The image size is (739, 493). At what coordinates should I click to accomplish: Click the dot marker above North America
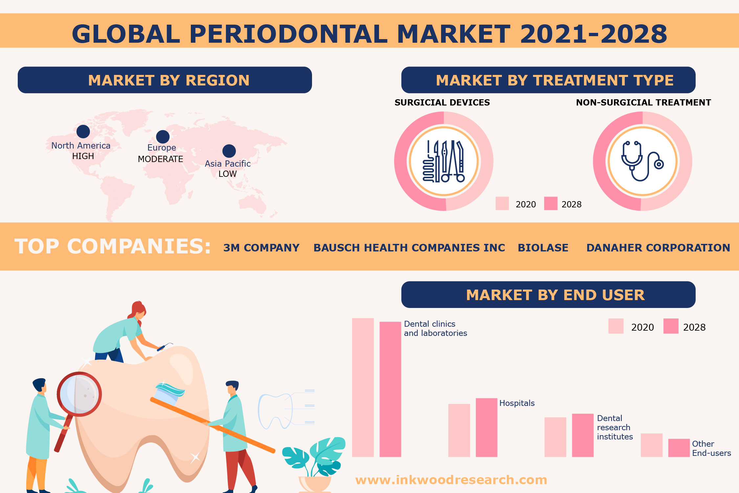pos(83,131)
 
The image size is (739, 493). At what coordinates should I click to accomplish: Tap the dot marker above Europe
pos(163,137)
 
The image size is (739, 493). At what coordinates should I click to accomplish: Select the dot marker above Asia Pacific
pos(229,151)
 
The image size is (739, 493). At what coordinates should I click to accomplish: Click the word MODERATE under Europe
pos(160,159)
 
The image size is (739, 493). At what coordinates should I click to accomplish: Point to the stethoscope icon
pos(642,161)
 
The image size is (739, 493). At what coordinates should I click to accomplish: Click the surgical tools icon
pos(444,161)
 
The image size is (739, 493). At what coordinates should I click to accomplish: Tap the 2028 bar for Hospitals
pos(486,427)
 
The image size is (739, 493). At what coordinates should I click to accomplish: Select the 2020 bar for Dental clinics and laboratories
pos(363,387)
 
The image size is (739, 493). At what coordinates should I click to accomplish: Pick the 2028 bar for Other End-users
pos(679,448)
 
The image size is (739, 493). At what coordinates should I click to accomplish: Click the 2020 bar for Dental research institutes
pos(555,437)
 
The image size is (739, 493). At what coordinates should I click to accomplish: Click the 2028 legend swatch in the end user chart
pos(671,326)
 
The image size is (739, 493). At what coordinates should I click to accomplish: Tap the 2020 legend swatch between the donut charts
pos(502,203)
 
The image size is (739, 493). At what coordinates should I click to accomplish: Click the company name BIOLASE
pos(543,247)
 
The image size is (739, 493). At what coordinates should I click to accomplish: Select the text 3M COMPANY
pos(261,247)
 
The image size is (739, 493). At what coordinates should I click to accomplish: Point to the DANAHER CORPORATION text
pos(658,247)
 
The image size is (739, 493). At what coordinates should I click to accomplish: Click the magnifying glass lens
pos(79,394)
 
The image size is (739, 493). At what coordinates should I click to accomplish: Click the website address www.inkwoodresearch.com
pos(451,480)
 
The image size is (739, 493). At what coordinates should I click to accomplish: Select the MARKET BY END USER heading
pos(555,295)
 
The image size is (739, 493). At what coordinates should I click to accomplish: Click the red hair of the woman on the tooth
pos(138,310)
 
